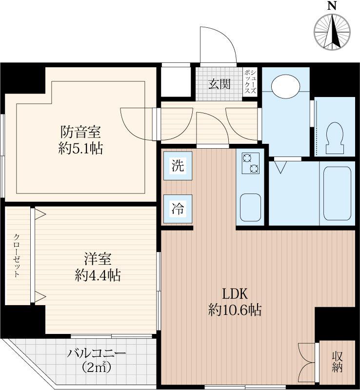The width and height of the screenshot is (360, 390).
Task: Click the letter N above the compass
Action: pyautogui.click(x=332, y=5)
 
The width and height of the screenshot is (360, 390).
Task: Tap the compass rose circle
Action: pyautogui.click(x=332, y=32)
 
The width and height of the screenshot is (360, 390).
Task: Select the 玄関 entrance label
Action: pyautogui.click(x=220, y=84)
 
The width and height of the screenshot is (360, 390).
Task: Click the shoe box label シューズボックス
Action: pyautogui.click(x=250, y=81)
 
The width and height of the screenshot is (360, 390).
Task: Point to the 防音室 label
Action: pyautogui.click(x=80, y=132)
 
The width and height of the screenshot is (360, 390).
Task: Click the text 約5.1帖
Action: pyautogui.click(x=80, y=149)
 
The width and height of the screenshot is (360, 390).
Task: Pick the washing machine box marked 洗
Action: pyautogui.click(x=178, y=166)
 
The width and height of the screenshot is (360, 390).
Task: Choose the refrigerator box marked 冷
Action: pyautogui.click(x=178, y=209)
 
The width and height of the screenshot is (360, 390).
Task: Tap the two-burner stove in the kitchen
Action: pyautogui.click(x=250, y=163)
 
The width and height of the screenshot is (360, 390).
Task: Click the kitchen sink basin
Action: pyautogui.click(x=250, y=208)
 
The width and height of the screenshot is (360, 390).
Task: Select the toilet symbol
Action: pyautogui.click(x=335, y=138)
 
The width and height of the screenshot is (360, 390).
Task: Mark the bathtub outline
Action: pyautogui.click(x=338, y=193)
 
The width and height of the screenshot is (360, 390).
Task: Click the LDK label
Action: pyautogui.click(x=235, y=294)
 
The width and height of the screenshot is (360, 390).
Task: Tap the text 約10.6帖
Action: pyautogui.click(x=235, y=310)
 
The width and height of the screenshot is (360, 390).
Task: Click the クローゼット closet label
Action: pyautogui.click(x=17, y=255)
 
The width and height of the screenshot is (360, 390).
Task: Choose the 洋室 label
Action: pyautogui.click(x=98, y=259)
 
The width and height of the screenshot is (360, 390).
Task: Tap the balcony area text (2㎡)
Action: pyautogui.click(x=96, y=367)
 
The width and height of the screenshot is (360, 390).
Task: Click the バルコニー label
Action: pyautogui.click(x=97, y=353)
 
